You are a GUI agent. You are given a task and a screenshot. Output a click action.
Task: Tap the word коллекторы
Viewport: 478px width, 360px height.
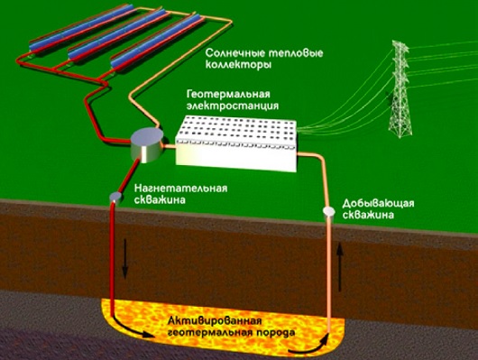pyautogui.click(x=238, y=65)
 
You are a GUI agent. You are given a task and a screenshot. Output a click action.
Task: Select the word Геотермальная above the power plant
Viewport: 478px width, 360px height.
pyautogui.click(x=228, y=94)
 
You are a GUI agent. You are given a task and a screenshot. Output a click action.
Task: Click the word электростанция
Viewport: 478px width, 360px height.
pyautogui.click(x=233, y=106)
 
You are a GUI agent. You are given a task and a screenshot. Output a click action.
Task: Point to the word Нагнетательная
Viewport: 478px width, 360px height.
pyautogui.click(x=180, y=188)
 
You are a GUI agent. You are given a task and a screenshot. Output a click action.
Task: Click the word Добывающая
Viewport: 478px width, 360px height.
pyautogui.click(x=378, y=203)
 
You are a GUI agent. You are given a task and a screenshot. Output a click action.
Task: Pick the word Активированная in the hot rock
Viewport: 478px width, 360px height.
pyautogui.click(x=215, y=321)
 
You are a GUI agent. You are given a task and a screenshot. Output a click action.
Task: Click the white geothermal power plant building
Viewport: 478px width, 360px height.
pyautogui.click(x=236, y=143)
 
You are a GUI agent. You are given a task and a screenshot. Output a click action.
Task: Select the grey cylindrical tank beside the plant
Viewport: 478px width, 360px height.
pyautogui.click(x=147, y=145)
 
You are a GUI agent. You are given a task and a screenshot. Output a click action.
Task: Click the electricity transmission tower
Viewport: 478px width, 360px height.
pyautogui.click(x=400, y=89)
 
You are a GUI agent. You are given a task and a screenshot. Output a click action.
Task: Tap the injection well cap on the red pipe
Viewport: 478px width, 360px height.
pyautogui.click(x=115, y=197)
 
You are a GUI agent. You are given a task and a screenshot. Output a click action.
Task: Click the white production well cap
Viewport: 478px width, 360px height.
pyautogui.click(x=328, y=211)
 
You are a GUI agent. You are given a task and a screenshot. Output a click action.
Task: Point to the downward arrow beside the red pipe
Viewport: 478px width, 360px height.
pyautogui.click(x=124, y=259)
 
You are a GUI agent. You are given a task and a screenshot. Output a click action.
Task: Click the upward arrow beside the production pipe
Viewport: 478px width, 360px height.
pyautogui.click(x=341, y=267)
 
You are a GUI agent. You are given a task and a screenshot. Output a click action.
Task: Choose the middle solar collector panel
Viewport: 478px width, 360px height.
pyautogui.click(x=119, y=33)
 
